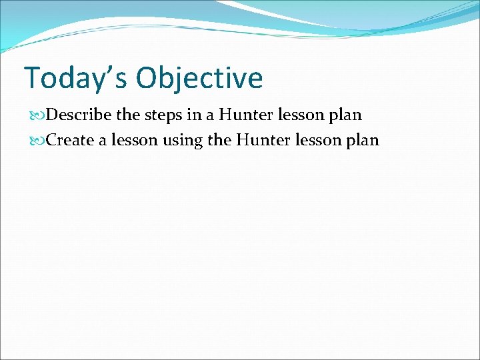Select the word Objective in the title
(200, 78)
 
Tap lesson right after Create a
(128, 140)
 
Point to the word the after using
(219, 140)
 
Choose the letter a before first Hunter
(210, 115)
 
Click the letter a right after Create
(100, 141)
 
